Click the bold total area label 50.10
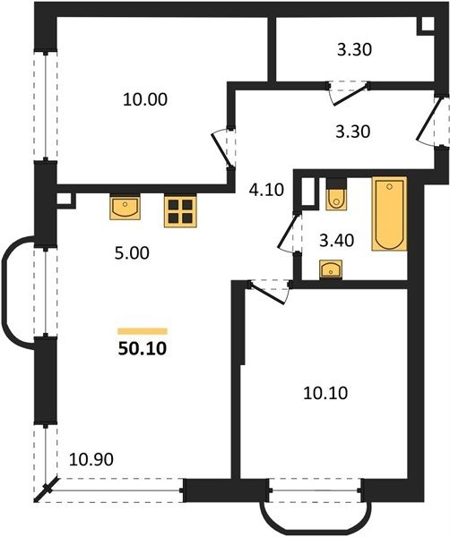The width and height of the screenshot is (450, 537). pyautogui.click(x=143, y=349)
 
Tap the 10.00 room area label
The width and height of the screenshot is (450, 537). pyautogui.click(x=145, y=99)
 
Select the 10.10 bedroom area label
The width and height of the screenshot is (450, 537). pyautogui.click(x=325, y=393)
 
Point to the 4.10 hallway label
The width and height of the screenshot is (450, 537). pyautogui.click(x=266, y=190)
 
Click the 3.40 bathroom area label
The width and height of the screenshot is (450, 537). pyautogui.click(x=336, y=241)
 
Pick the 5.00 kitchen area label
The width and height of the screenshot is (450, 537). pyautogui.click(x=132, y=253)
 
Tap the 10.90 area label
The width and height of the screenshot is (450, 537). pyautogui.click(x=91, y=459)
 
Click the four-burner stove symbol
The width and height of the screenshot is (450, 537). pyautogui.click(x=180, y=210)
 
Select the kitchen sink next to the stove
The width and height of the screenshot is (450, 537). pyautogui.click(x=125, y=207)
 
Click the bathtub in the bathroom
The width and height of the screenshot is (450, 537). pyautogui.click(x=389, y=214)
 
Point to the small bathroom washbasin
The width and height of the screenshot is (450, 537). pyautogui.click(x=331, y=268)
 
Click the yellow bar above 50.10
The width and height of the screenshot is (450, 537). pyautogui.click(x=143, y=331)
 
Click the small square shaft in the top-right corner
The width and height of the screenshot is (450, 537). pyautogui.click(x=426, y=25)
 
